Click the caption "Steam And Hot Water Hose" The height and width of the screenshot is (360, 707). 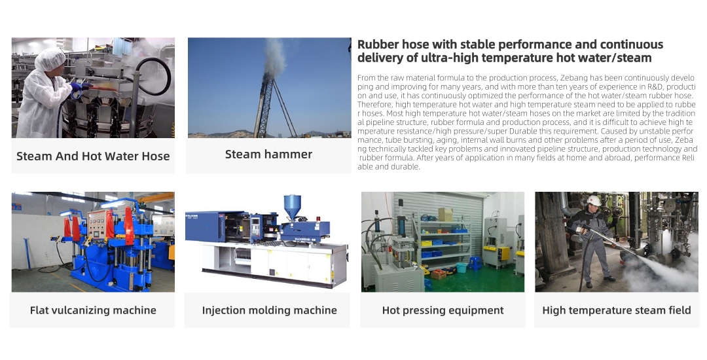coord(93,156)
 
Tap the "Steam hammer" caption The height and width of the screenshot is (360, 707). coord(268,154)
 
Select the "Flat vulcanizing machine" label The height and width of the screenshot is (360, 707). coord(93,310)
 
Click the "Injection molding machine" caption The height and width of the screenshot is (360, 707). coord(269,310)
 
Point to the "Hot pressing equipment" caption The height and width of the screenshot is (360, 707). coord(443,310)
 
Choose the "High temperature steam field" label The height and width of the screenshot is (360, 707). coord(617,310)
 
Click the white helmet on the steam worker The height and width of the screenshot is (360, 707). coord(593,200)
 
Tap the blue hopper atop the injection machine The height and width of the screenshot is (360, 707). coord(292,205)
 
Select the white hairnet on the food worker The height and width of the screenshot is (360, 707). coord(50,60)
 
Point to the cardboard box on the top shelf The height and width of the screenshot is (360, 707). coord(446,214)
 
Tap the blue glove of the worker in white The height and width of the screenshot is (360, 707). coord(81,86)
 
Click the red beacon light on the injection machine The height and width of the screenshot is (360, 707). coord(318,219)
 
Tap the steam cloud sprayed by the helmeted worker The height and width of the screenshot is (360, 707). coord(662,266)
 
